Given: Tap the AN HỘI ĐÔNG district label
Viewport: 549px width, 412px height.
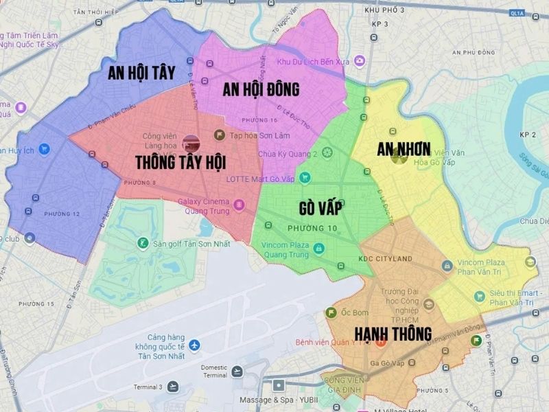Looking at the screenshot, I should (x=261, y=89).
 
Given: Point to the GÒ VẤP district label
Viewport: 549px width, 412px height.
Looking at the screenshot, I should (x=320, y=207).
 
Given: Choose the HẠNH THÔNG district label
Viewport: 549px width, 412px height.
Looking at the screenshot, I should (x=393, y=334).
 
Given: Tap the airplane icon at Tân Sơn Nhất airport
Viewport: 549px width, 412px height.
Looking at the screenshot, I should (x=195, y=344).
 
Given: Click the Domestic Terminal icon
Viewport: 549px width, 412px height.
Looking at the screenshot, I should (x=237, y=371).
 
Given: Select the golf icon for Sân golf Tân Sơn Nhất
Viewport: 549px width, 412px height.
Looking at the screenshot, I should (x=142, y=242).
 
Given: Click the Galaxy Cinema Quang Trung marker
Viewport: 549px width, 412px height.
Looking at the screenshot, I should (x=239, y=204).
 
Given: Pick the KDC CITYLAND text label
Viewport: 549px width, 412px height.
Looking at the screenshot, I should (x=385, y=258).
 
